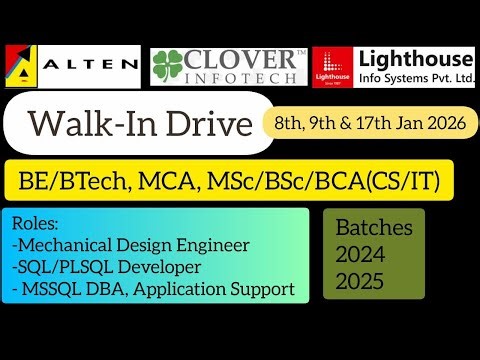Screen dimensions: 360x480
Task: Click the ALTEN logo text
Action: [91, 66]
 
